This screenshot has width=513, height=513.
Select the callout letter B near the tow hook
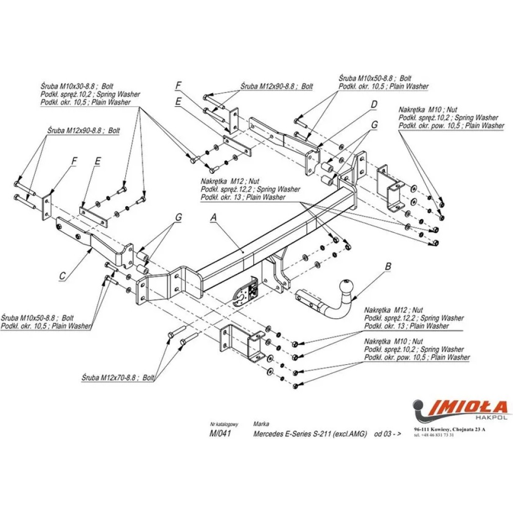pyautogui.click(x=388, y=266)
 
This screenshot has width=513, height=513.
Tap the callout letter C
pyautogui.click(x=62, y=276)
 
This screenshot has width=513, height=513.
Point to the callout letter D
pyautogui.click(x=374, y=105)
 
